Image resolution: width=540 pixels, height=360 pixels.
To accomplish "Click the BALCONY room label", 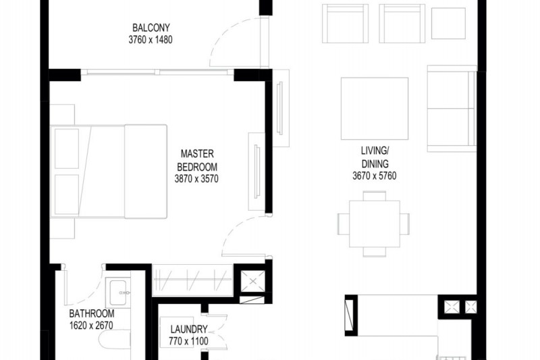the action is click(151, 28).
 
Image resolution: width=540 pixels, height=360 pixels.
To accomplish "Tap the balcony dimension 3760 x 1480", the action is click(151, 40).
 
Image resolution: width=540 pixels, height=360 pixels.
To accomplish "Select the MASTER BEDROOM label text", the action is click(197, 160).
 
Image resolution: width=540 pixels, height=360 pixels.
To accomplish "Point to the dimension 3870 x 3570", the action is click(196, 179).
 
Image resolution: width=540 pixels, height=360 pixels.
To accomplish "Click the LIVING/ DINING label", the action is click(375, 157).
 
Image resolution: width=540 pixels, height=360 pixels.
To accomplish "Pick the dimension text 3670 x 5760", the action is click(375, 176).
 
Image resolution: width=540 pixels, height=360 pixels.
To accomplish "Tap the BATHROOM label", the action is click(92, 313).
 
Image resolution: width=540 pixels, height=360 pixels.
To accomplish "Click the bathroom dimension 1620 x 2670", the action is click(91, 325).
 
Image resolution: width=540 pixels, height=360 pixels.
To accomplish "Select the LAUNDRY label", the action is click(189, 330).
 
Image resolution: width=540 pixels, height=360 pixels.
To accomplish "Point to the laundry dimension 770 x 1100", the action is click(188, 341).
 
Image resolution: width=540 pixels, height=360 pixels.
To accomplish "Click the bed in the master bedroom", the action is click(109, 172).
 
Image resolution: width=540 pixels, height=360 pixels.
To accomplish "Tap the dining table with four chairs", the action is click(374, 224).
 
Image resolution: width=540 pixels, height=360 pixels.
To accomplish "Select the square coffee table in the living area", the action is click(375, 109).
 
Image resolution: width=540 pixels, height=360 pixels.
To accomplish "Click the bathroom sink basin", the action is click(118, 293).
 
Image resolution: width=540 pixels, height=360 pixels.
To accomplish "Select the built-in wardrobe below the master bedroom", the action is click(192, 280).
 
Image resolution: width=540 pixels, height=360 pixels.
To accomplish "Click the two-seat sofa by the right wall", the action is click(452, 109).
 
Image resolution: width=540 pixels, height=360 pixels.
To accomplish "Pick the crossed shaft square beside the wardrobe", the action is click(253, 282).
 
